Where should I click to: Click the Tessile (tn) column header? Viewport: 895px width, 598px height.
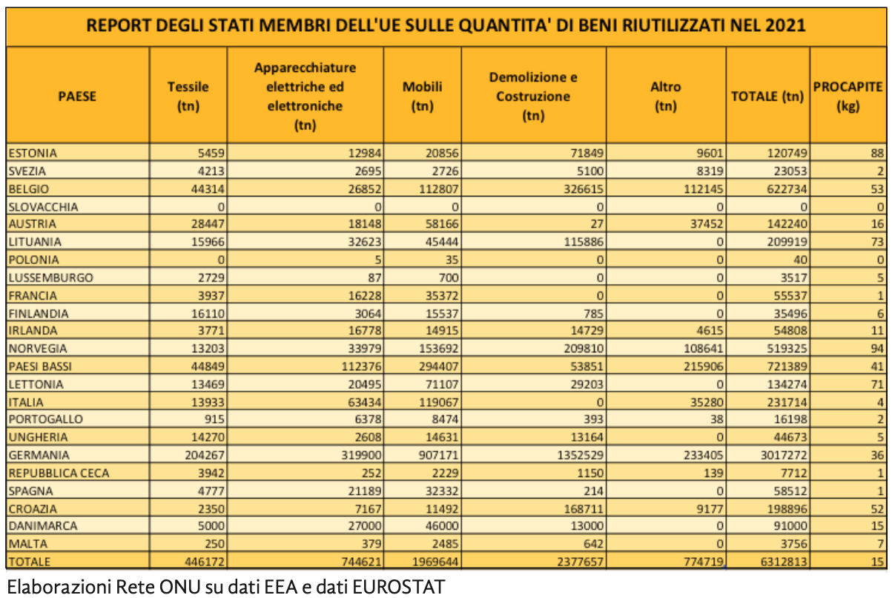(x=188, y=96)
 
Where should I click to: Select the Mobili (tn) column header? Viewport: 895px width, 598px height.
(x=422, y=96)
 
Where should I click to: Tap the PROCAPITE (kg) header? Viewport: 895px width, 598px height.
(x=848, y=96)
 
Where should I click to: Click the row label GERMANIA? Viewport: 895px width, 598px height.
(x=39, y=456)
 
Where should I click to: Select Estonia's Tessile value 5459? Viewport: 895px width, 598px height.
(x=209, y=154)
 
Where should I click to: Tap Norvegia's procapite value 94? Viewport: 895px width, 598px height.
(x=877, y=349)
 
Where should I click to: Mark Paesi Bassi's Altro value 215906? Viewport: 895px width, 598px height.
(x=700, y=367)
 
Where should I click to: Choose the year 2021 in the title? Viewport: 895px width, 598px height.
(x=787, y=25)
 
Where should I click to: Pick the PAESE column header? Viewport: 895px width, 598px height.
(x=77, y=96)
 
